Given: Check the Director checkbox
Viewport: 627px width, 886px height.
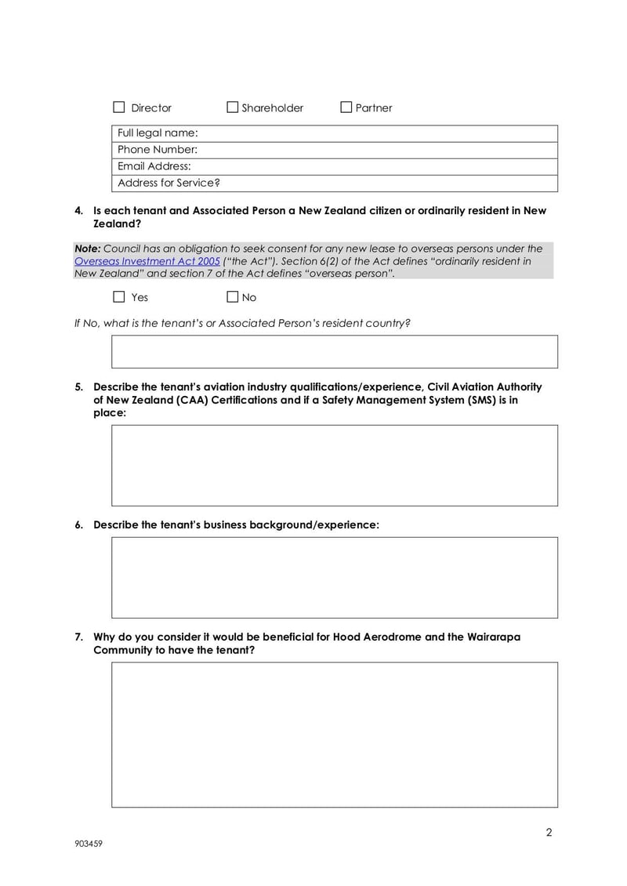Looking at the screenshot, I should pos(119,107).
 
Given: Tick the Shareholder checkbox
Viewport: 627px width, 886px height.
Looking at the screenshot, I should pos(232,107).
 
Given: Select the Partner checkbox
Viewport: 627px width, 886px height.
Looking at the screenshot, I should pos(346,107).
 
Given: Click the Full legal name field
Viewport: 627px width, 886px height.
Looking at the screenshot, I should pos(376,133).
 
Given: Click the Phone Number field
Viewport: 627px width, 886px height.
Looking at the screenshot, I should pos(376,150).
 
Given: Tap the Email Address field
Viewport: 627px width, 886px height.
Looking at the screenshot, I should pos(376,166).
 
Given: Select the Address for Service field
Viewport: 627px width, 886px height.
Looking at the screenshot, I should pos(376,183).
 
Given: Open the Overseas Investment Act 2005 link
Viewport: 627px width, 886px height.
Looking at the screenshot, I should pos(147,261).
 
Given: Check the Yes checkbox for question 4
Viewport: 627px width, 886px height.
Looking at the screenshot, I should pos(119,297).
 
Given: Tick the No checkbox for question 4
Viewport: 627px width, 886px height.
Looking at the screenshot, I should pos(232,297).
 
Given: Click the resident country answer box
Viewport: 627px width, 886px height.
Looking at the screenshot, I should pos(335,352).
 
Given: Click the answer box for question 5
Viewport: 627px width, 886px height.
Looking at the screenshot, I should pos(335,465).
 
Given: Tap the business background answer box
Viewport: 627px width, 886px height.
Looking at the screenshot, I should pos(335,577).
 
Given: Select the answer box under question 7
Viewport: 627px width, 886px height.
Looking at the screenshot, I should pos(335,734).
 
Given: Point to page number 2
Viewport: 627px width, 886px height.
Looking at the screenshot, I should pos(549,833).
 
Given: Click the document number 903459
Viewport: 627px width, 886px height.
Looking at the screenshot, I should pos(89,844).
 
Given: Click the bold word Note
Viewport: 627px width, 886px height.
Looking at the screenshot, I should pos(87,249).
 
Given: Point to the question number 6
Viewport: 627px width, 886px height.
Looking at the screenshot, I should pos(79,525).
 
